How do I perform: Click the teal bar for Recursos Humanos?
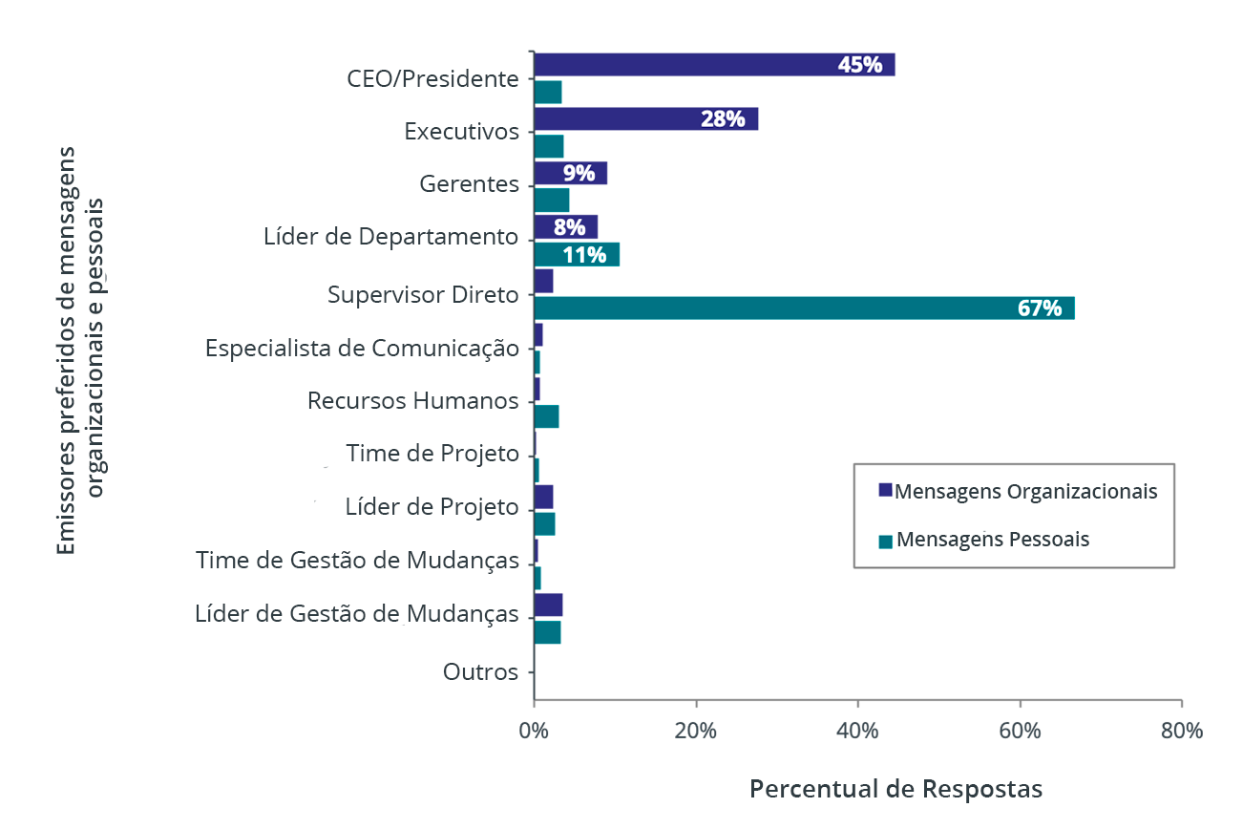(546, 416)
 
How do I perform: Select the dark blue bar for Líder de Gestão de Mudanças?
(548, 606)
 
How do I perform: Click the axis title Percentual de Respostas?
(895, 790)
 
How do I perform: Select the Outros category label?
(480, 672)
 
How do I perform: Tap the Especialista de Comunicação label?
(362, 348)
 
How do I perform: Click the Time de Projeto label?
(432, 453)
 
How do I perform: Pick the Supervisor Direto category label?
(423, 295)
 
